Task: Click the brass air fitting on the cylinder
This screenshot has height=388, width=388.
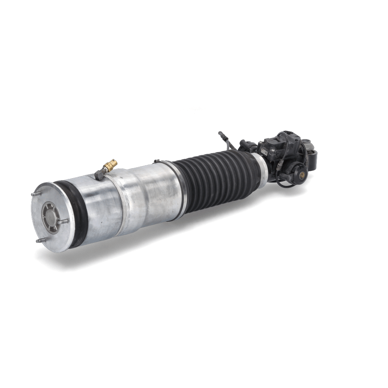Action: pyautogui.click(x=110, y=165)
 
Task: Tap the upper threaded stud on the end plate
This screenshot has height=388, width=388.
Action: pyautogui.click(x=37, y=194)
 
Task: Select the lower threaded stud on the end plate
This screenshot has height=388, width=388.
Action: pyautogui.click(x=41, y=240)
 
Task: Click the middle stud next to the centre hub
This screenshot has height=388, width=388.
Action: pyautogui.click(x=63, y=222)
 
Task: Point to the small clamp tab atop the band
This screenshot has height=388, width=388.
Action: pyautogui.click(x=157, y=161)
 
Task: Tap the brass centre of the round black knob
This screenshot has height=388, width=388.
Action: pyautogui.click(x=302, y=175)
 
